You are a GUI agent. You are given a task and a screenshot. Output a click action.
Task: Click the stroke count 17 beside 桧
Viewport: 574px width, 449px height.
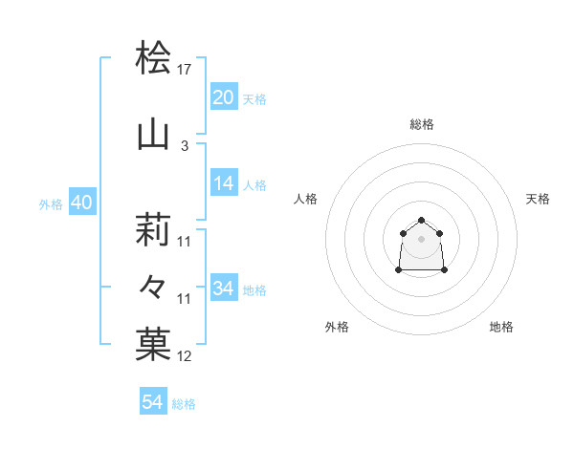coord(185,70)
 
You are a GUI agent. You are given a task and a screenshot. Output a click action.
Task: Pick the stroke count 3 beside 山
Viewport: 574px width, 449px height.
coord(185,146)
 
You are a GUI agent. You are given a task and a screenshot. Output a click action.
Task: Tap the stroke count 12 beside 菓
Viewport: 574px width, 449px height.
coord(185,356)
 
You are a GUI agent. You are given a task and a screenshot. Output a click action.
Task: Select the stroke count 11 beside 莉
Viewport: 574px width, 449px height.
coord(185,242)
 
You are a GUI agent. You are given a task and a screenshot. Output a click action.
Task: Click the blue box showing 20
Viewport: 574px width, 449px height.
coord(223,97)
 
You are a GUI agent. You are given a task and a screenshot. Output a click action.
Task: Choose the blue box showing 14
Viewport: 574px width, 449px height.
coord(223,184)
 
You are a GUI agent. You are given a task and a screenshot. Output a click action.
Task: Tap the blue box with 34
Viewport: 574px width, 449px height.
coord(223,289)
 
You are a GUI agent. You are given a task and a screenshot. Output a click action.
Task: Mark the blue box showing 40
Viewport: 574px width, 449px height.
coord(81,203)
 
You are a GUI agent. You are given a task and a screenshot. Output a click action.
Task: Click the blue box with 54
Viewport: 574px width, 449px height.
coord(153,402)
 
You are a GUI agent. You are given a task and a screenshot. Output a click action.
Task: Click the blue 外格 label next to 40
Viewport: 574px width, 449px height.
coord(51,203)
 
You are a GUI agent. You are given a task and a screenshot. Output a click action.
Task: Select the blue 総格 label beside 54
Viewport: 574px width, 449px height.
coord(184,404)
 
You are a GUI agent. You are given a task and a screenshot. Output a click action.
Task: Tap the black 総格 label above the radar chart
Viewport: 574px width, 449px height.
coord(422,124)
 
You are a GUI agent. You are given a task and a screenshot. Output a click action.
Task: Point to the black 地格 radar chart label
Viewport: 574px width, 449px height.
coord(501,327)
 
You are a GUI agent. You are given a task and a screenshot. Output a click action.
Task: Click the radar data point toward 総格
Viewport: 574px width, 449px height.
coord(422,216)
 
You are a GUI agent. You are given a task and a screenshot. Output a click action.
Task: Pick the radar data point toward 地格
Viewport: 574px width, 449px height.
coord(446,271)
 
